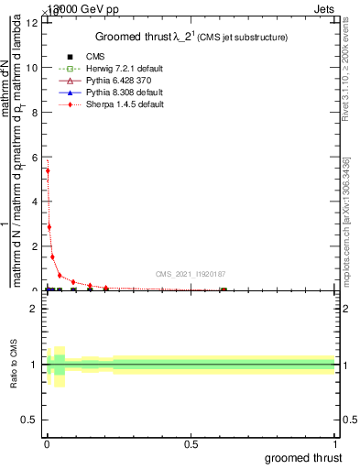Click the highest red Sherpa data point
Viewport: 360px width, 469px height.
48,170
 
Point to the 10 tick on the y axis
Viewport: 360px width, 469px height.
33,67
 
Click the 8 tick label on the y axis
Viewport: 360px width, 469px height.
35,112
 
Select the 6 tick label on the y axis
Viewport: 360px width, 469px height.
35,157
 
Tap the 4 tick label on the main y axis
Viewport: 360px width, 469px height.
35,202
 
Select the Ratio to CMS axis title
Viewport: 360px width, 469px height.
15,365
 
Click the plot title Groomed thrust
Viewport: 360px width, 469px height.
191,38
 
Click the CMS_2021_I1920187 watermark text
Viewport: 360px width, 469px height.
191,274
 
